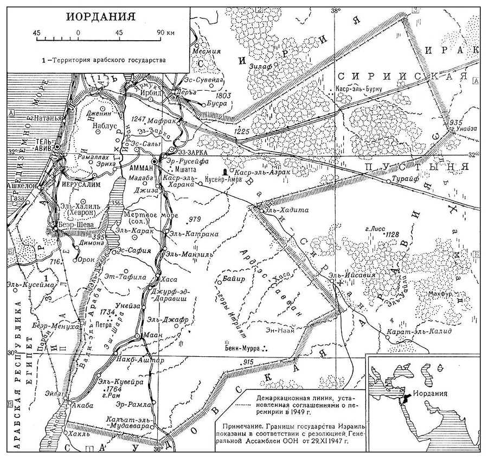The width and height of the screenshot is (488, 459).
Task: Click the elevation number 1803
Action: point(223,96)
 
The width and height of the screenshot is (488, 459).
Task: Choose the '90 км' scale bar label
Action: point(165,33)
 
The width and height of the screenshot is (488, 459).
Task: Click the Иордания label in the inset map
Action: point(431,394)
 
